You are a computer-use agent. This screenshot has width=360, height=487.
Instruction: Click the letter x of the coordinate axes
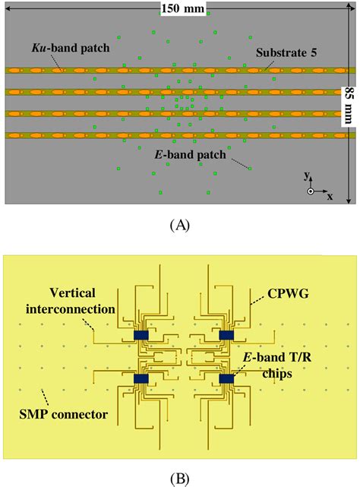pyautogui.click(x=330, y=195)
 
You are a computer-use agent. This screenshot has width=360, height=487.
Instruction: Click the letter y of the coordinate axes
pyautogui.click(x=307, y=176)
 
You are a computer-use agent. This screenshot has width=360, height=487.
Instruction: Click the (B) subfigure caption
pyautogui.click(x=180, y=477)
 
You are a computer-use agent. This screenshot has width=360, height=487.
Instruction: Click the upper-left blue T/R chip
pyautogui.click(x=141, y=334)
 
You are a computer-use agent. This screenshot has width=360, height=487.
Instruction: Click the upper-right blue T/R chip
pyautogui.click(x=226, y=334)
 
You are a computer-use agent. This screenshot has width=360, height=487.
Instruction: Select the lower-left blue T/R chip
pyautogui.click(x=141, y=378)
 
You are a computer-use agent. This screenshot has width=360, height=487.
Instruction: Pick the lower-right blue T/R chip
pyautogui.click(x=226, y=378)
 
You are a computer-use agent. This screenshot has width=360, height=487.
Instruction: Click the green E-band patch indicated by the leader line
pyautogui.click(x=250, y=168)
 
